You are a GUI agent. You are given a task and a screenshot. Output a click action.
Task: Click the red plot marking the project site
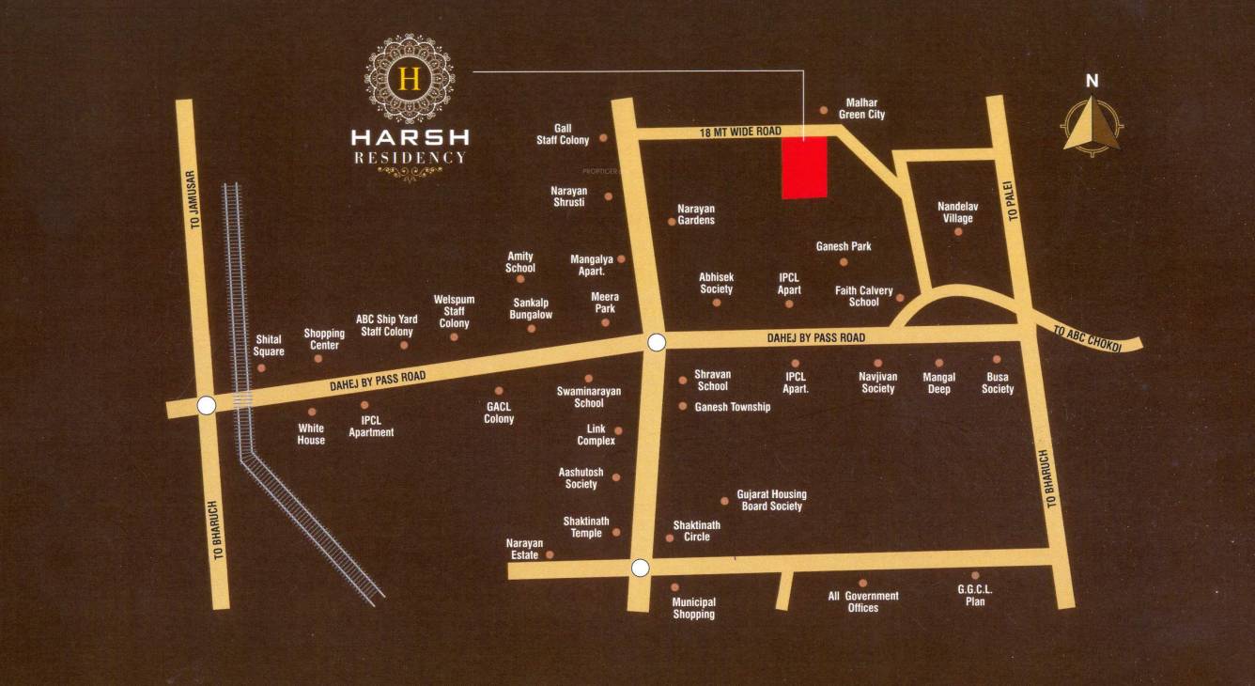coord(805,167)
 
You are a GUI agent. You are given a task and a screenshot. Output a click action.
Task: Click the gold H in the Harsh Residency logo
coord(409,78)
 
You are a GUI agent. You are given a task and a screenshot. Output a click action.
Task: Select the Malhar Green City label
coord(861,108)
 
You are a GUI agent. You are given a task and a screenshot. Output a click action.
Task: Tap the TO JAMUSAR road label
coord(195,199)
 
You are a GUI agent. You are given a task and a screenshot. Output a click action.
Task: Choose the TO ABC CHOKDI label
coord(1088,338)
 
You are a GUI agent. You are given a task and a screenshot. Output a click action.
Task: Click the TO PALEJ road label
coord(1014,201)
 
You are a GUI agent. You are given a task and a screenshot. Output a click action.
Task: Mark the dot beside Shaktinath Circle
coord(670,538)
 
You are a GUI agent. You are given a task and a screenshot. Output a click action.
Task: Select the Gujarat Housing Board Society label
coord(771,500)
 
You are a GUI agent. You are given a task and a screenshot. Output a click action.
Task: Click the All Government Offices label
coord(862,601)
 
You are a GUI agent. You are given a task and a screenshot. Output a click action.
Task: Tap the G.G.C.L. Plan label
coord(975,595)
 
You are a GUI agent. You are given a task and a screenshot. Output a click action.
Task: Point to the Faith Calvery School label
coord(863,297)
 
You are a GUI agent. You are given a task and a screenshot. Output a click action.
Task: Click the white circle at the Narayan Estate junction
coord(641,568)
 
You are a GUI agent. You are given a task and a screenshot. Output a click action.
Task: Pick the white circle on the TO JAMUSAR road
coord(207,405)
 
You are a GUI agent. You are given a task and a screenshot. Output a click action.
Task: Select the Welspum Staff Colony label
coord(454,311)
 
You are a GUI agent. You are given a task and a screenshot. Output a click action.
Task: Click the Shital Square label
coord(269,346)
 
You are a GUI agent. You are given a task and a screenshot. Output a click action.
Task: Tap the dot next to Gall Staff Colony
coord(603,138)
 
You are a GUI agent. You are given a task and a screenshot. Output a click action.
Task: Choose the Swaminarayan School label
coord(588,397)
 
